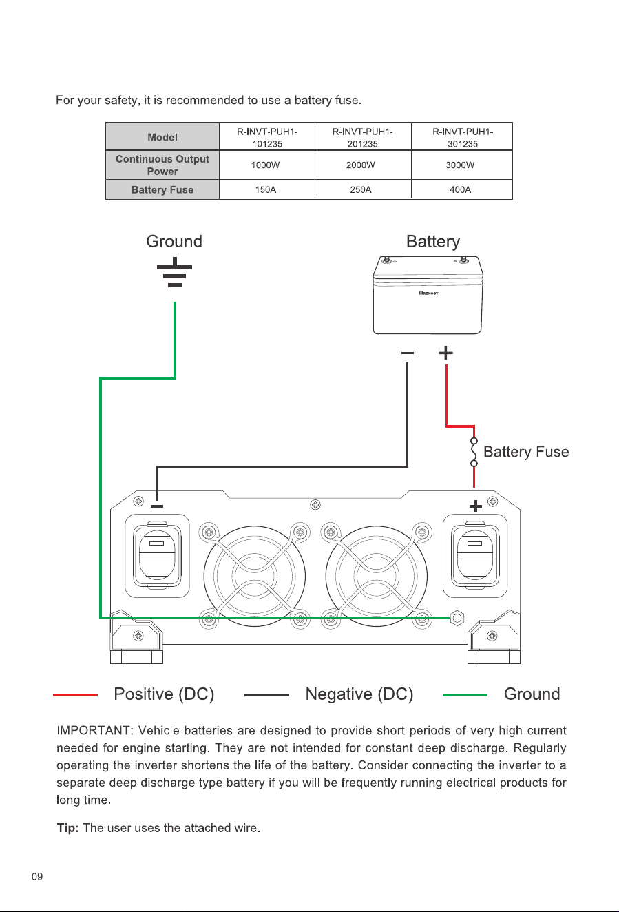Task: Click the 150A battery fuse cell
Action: [266, 189]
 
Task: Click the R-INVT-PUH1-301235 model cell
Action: [463, 137]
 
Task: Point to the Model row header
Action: [162, 137]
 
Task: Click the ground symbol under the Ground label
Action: [175, 272]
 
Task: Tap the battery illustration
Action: [428, 295]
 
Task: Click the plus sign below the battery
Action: [445, 353]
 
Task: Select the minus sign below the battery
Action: [408, 353]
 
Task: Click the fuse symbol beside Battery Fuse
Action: [474, 452]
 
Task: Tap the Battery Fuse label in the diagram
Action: [526, 452]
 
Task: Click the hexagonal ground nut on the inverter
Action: [457, 618]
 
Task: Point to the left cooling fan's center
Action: [254, 576]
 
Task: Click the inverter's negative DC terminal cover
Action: [157, 556]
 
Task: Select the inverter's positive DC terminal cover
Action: [475, 556]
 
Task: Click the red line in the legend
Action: [75, 696]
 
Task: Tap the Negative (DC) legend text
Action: [359, 694]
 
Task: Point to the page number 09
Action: [37, 877]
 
